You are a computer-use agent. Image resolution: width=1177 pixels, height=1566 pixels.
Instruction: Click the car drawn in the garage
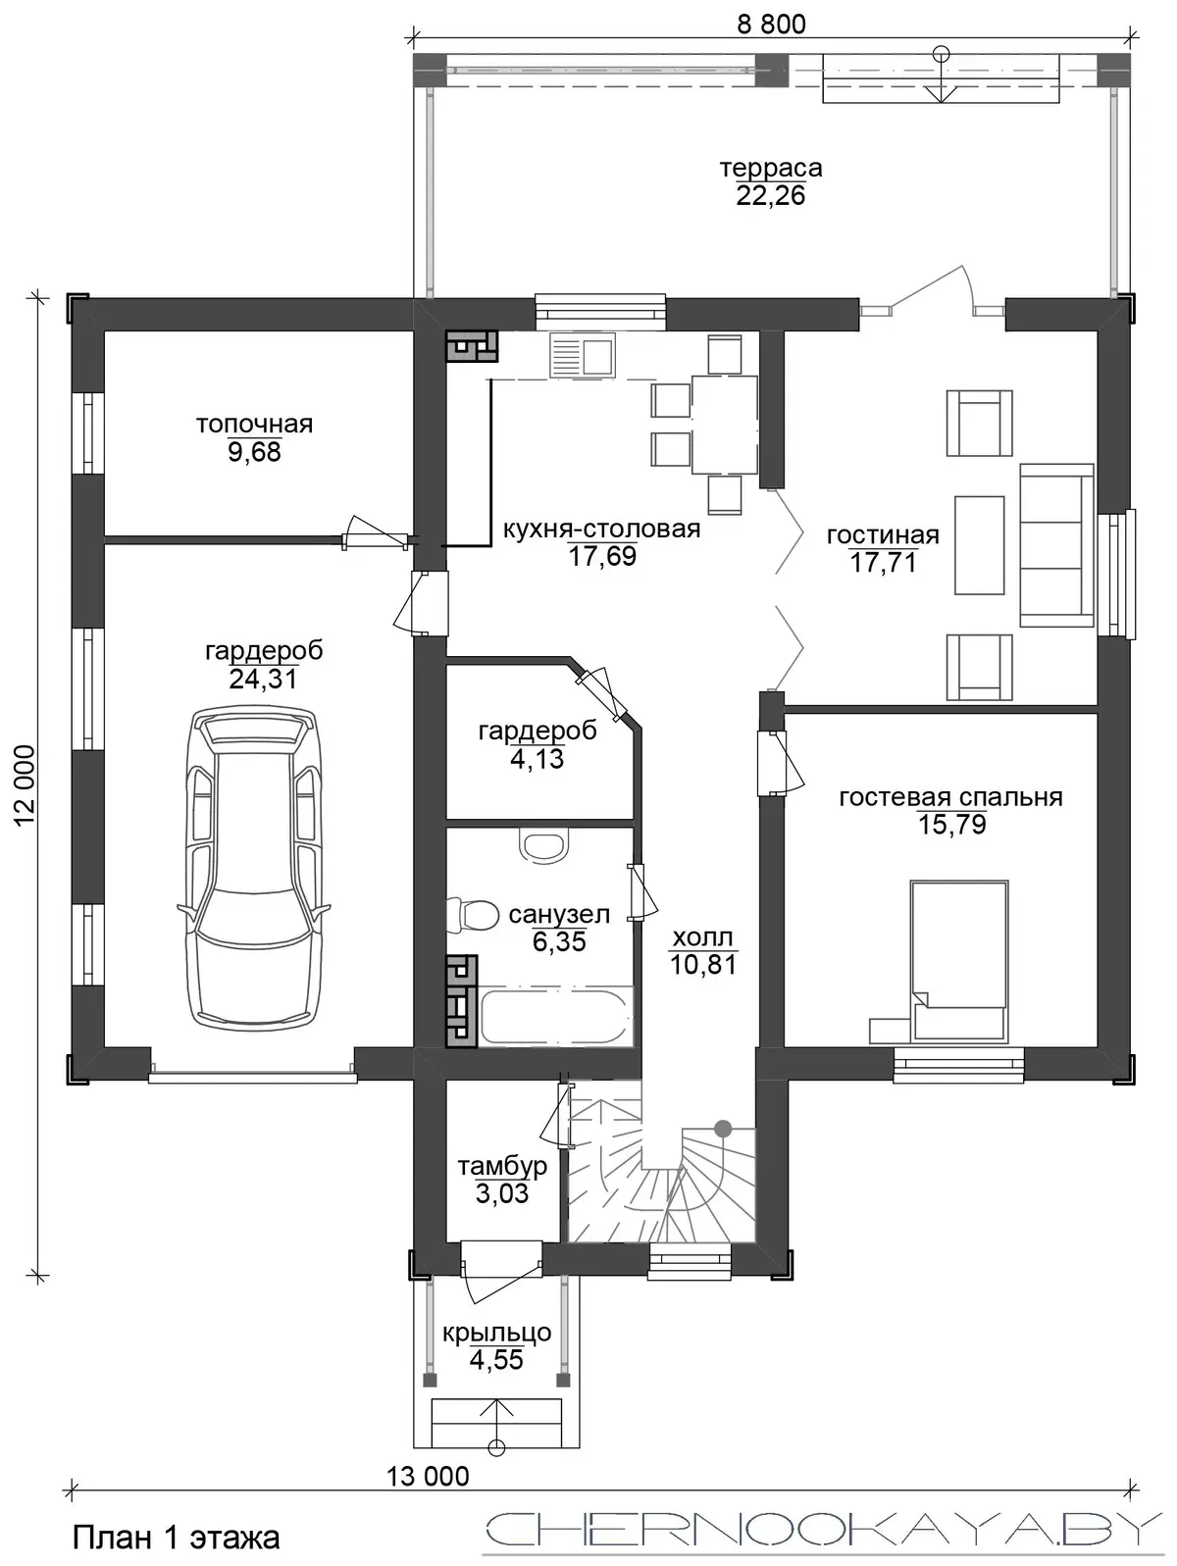pos(253,868)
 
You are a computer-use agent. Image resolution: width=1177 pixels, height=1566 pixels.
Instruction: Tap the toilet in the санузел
pos(472,915)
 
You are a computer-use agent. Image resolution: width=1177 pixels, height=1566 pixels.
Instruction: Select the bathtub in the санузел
pos(557,1017)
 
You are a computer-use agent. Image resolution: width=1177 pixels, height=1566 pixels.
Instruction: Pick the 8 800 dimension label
pos(771,25)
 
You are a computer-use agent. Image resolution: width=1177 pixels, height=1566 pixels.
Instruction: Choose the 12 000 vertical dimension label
pos(25,785)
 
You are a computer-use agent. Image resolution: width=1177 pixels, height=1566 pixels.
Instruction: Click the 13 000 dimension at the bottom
pos(428,1476)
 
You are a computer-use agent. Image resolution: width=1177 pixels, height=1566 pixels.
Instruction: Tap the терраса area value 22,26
pos(770,195)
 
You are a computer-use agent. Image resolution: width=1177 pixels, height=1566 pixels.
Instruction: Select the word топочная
pos(255,425)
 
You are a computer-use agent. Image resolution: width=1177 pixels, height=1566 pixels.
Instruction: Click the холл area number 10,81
pos(702,965)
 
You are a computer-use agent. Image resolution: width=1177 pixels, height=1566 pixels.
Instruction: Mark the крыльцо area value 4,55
pos(496,1360)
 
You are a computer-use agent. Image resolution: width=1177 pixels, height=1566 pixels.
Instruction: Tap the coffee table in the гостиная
pos(980,546)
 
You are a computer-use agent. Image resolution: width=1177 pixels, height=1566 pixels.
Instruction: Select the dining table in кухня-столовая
pos(724,425)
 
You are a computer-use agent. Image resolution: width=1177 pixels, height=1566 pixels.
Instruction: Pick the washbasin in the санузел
pos(545,845)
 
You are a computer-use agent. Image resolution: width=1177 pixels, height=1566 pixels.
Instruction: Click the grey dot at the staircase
pos(723,1128)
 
